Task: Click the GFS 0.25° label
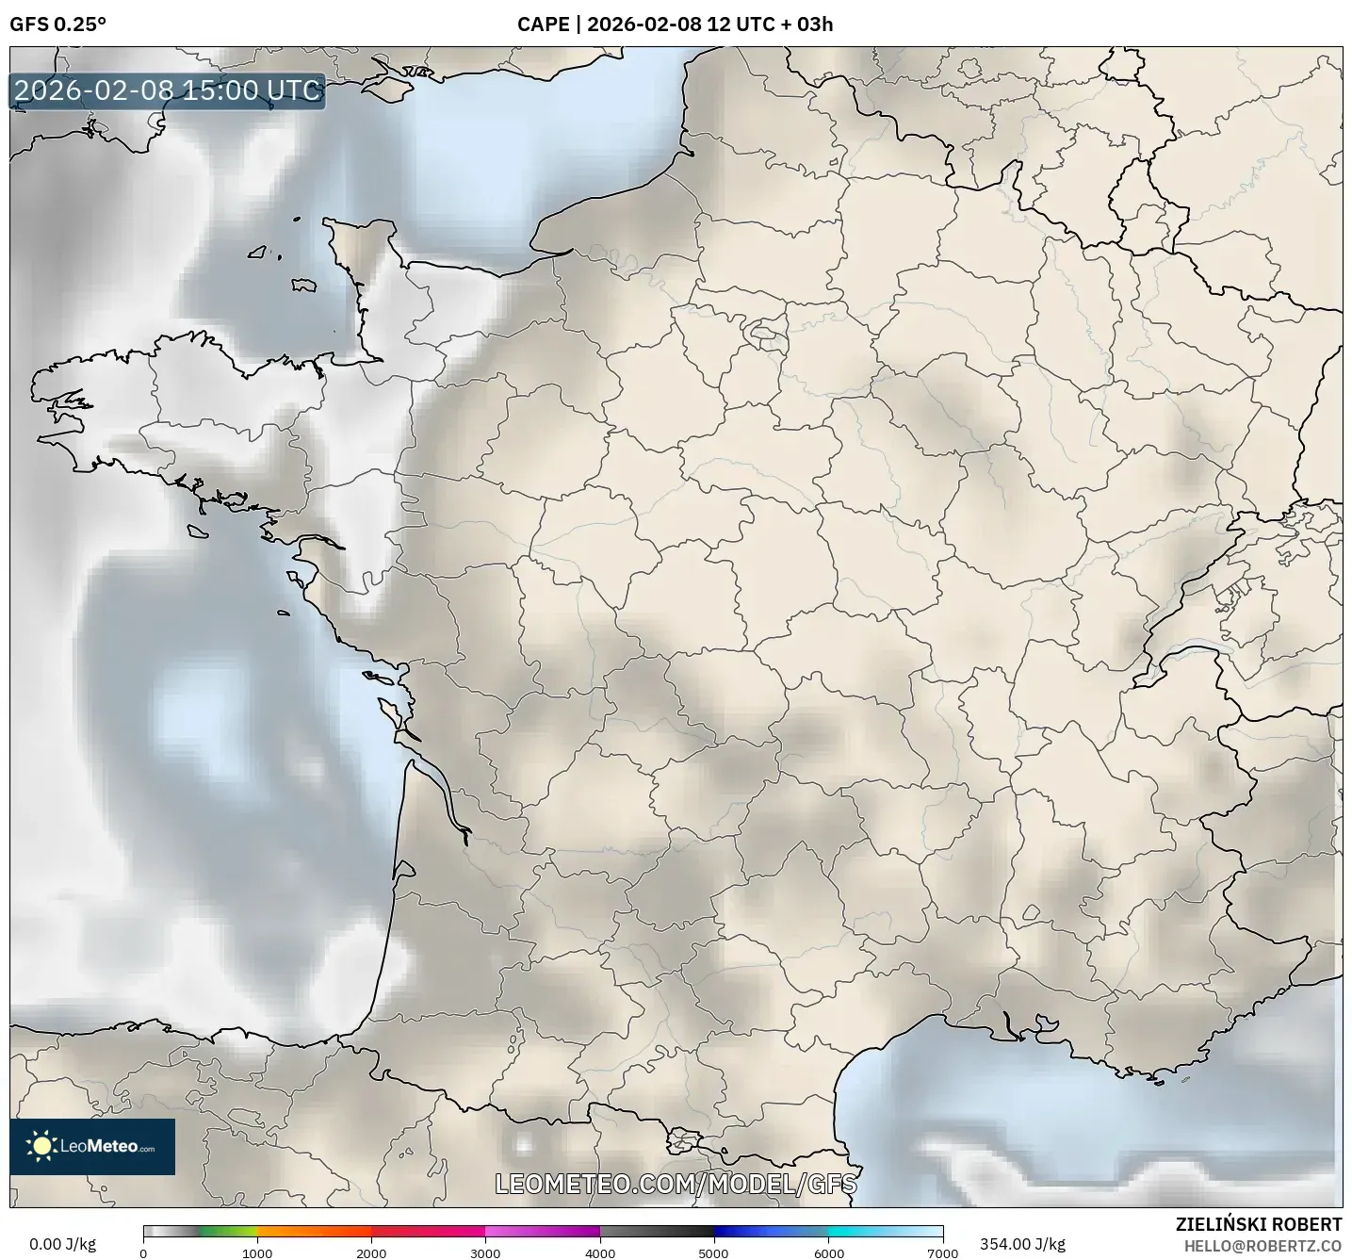click(57, 25)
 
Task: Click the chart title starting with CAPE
click(675, 25)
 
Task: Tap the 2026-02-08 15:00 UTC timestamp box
click(168, 90)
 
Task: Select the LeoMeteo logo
click(92, 1146)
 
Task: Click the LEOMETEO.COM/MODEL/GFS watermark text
click(676, 1183)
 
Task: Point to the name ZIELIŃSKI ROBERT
click(1259, 1224)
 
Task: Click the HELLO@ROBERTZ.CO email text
click(1262, 1245)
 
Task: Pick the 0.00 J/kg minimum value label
click(63, 1244)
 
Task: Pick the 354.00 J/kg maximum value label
click(1022, 1244)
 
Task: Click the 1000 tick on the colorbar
click(257, 1252)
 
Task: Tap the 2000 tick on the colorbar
click(371, 1252)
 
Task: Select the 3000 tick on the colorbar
click(485, 1252)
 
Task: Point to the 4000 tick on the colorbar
click(600, 1252)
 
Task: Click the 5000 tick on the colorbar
click(714, 1252)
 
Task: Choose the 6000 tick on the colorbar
click(828, 1252)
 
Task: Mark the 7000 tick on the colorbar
click(942, 1252)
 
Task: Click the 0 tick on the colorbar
click(143, 1252)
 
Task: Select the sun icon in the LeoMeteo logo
click(41, 1146)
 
